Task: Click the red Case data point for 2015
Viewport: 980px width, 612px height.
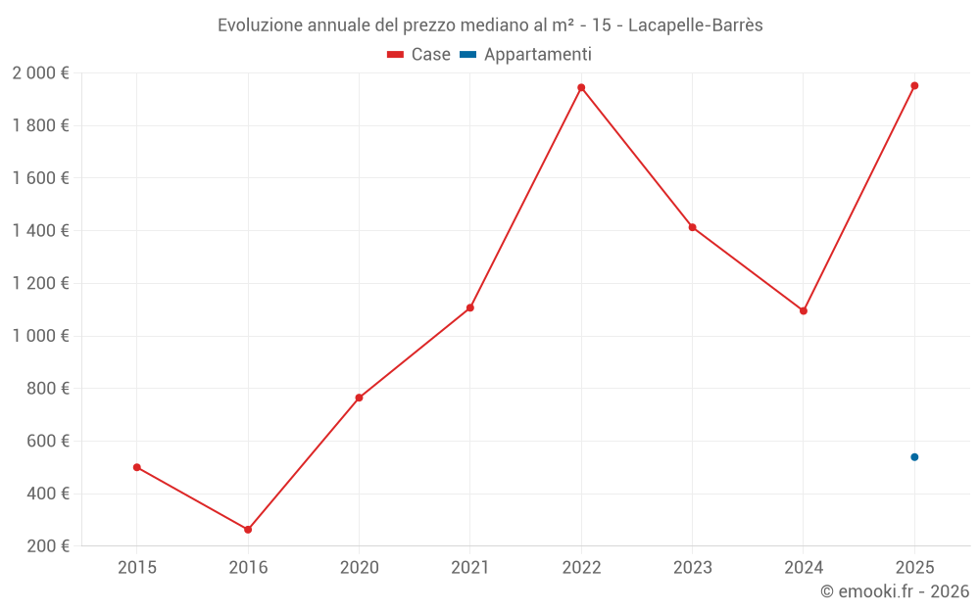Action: [x=137, y=467]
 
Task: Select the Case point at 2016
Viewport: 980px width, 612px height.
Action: [x=248, y=530]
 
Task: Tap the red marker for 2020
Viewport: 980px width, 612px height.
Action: [x=359, y=398]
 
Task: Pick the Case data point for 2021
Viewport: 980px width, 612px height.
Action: [x=470, y=307]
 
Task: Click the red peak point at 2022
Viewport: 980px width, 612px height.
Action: [x=581, y=87]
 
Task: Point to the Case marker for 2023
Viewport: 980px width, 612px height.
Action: [x=692, y=227]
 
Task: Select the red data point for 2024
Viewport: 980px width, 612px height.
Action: [x=804, y=310]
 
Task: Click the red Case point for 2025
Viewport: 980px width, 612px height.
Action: [x=914, y=85]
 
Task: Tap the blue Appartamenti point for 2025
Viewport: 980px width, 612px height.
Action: [x=914, y=457]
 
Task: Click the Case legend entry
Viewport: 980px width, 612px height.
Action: [x=419, y=55]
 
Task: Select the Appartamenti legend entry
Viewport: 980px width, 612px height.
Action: [x=526, y=55]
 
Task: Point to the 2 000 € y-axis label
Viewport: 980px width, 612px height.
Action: [x=40, y=73]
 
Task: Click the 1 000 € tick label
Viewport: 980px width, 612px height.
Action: [x=40, y=336]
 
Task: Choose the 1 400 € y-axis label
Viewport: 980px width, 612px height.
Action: [x=40, y=231]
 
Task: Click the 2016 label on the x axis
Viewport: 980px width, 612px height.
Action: [x=248, y=567]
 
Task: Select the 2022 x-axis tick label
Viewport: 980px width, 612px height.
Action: [x=581, y=567]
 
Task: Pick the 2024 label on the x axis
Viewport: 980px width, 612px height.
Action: [x=804, y=567]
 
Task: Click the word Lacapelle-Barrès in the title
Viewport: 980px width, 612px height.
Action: [x=695, y=25]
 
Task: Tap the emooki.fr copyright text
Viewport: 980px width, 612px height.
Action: [x=895, y=591]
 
